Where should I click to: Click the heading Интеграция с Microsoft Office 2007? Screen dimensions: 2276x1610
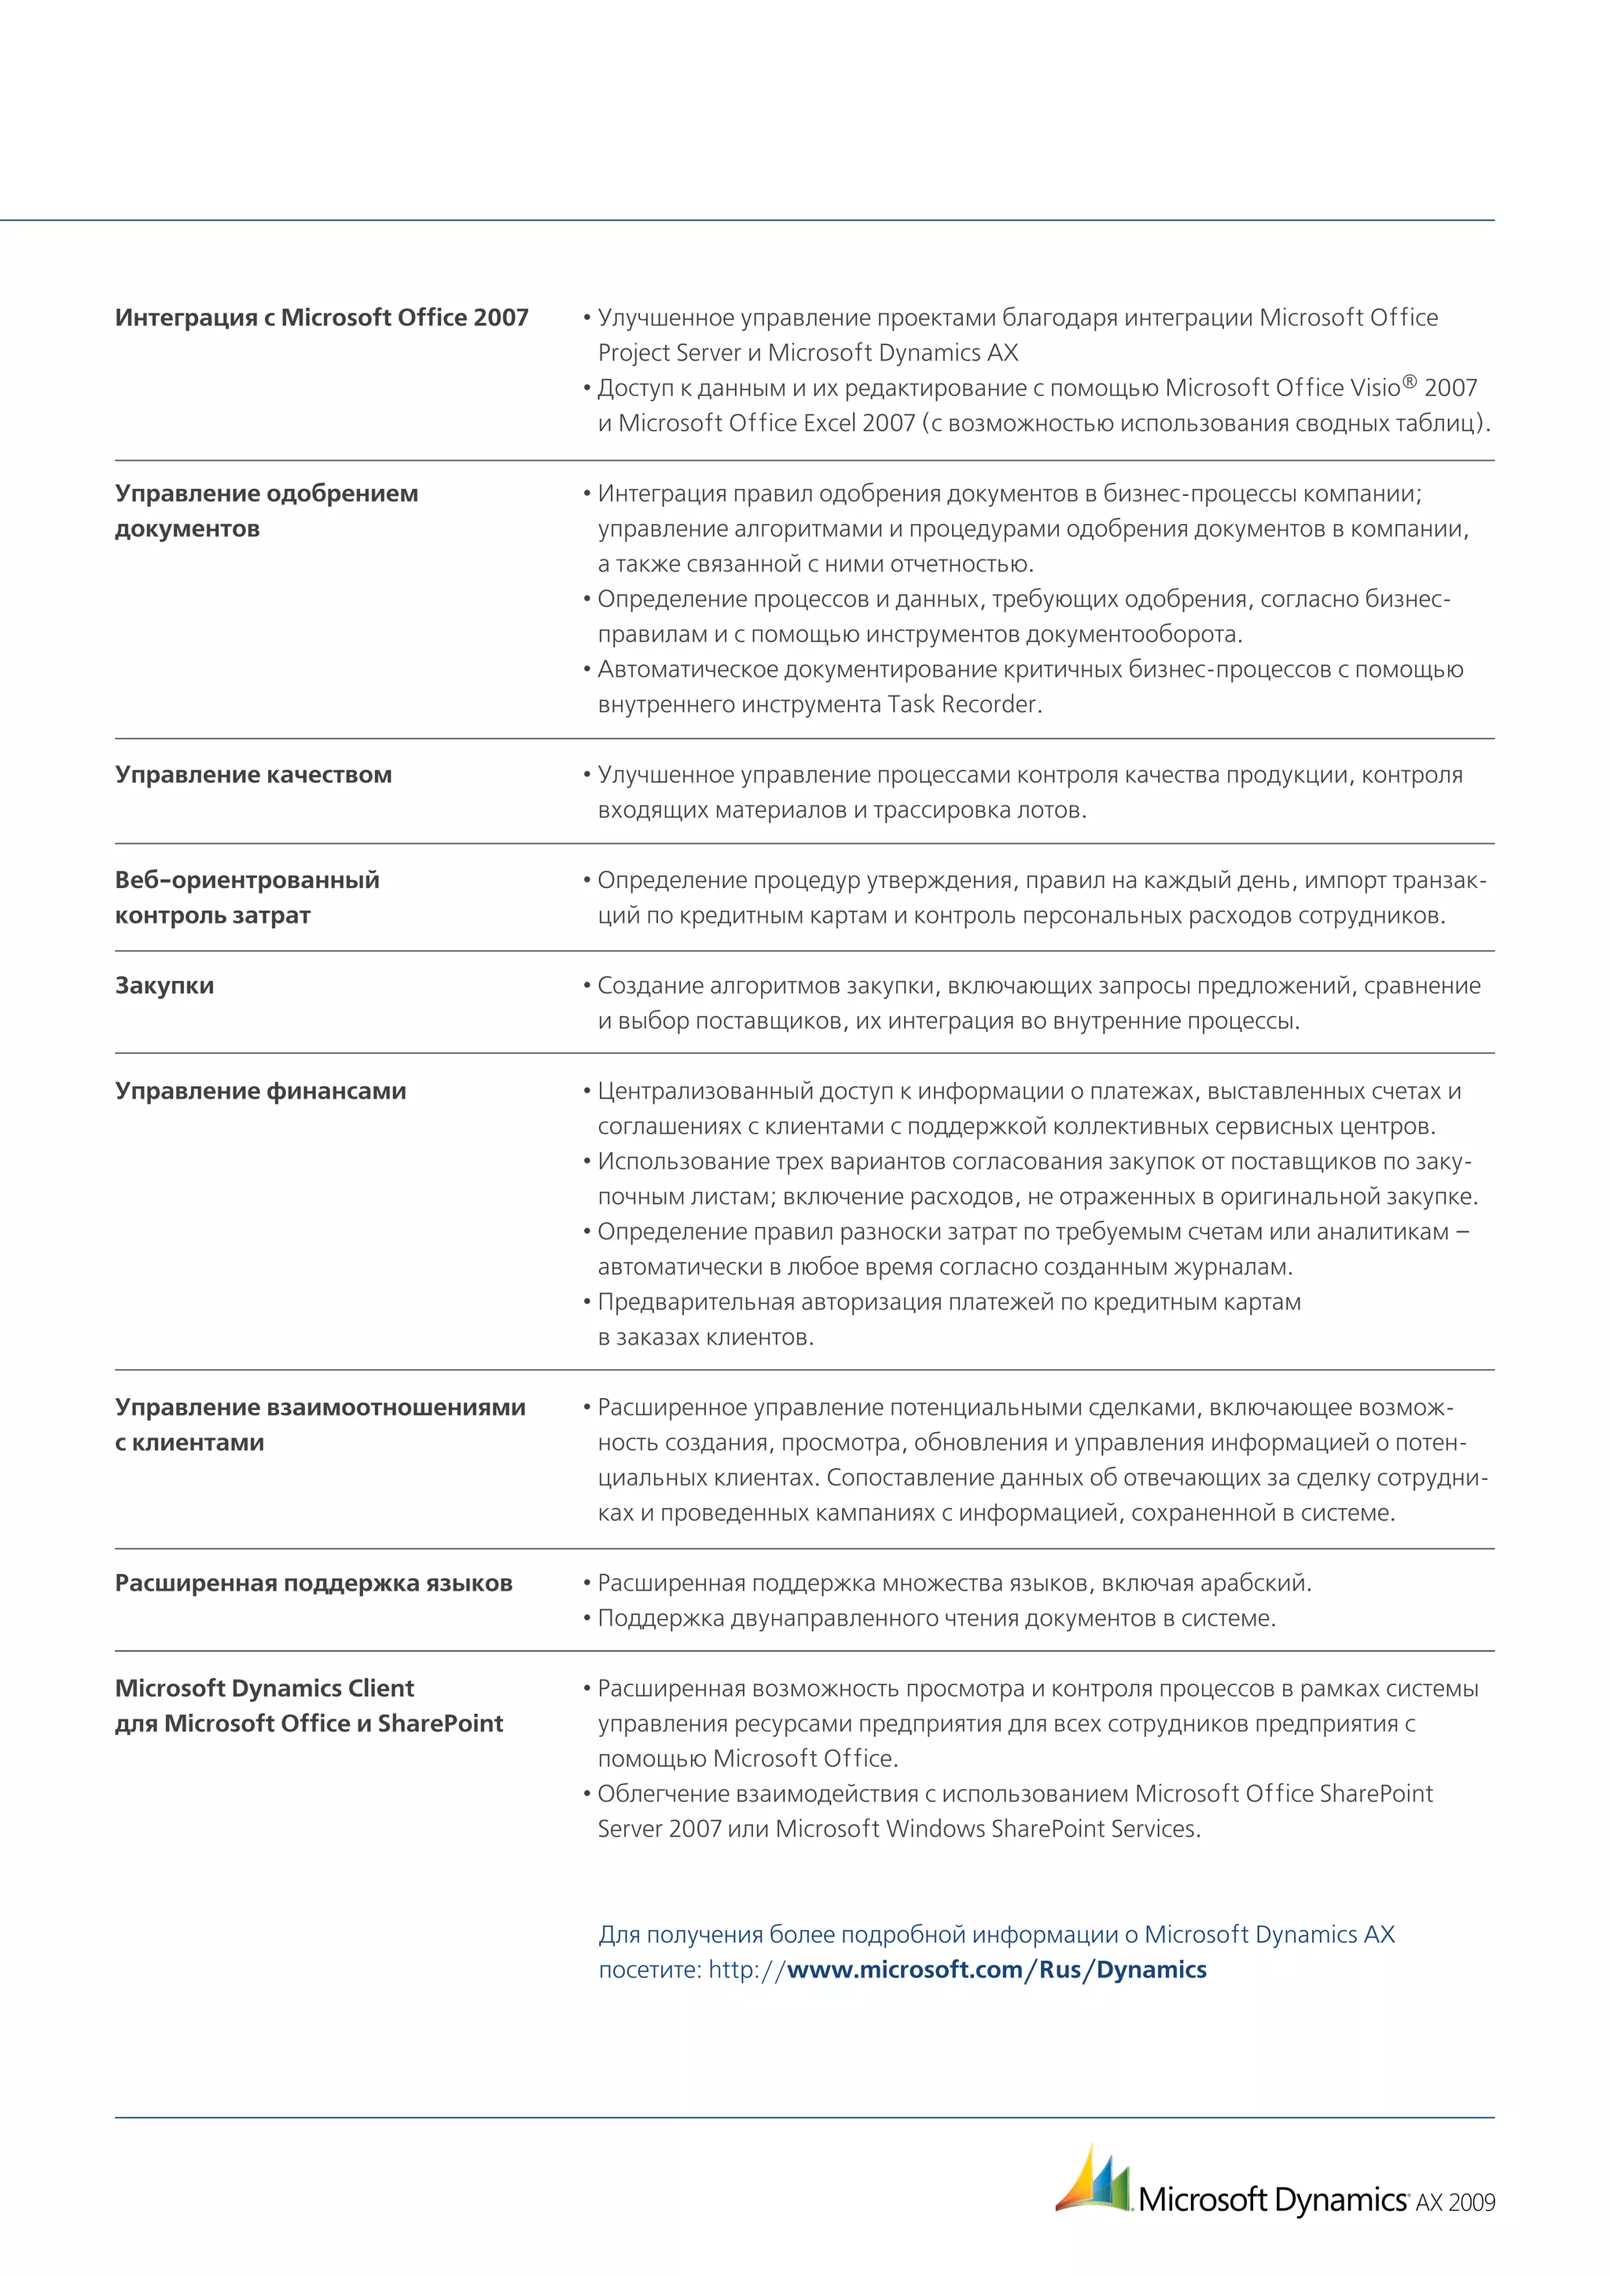pyautogui.click(x=322, y=318)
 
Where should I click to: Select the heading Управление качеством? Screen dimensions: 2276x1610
pyautogui.click(x=253, y=774)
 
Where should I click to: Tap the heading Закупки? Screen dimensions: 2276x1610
pyautogui.click(x=164, y=986)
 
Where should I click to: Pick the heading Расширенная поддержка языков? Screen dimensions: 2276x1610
pyautogui.click(x=314, y=1582)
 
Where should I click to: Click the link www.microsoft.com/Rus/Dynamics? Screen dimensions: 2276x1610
pyautogui.click(x=995, y=1969)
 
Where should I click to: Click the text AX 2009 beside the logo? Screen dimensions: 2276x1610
pyautogui.click(x=1454, y=2203)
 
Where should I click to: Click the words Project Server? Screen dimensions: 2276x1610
pyautogui.click(x=669, y=353)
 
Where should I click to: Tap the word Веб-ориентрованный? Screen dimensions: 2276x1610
pyautogui.click(x=247, y=879)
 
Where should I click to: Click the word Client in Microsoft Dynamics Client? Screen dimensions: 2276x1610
pyautogui.click(x=380, y=1687)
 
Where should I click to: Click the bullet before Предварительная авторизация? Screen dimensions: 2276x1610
pyautogui.click(x=587, y=1301)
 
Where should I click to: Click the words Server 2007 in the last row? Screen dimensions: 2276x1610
pyautogui.click(x=660, y=1828)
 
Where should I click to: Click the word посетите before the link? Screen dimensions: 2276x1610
pyautogui.click(x=649, y=1969)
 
